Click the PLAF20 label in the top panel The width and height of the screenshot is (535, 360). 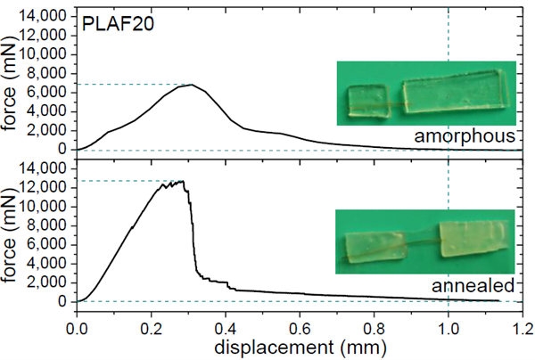(117, 26)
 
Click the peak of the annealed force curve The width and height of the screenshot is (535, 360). (183, 181)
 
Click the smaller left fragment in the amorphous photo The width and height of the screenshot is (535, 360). (367, 101)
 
